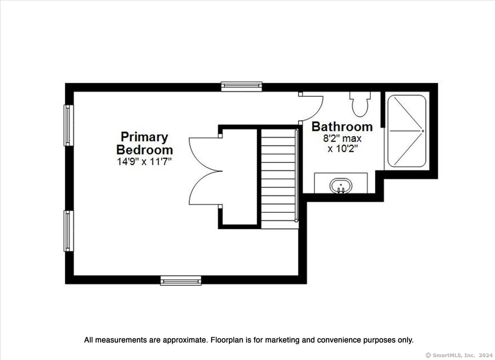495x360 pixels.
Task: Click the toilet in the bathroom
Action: click(x=360, y=104)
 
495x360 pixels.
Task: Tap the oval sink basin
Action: click(x=341, y=186)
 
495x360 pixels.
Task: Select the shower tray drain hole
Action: click(x=423, y=131)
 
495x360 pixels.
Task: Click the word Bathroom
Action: click(x=342, y=127)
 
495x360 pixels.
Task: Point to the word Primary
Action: click(x=144, y=137)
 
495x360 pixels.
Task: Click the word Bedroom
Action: click(x=144, y=150)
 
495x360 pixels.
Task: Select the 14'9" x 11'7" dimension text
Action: click(x=144, y=162)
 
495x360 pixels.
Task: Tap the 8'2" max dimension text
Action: click(x=342, y=139)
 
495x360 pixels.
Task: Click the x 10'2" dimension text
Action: click(x=342, y=149)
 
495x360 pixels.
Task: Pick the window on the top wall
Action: click(x=242, y=87)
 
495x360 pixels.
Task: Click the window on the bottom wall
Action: click(x=181, y=280)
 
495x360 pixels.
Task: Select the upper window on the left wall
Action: click(x=69, y=125)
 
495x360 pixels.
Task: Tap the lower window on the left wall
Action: click(x=69, y=231)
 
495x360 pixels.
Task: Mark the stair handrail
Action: click(x=297, y=175)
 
